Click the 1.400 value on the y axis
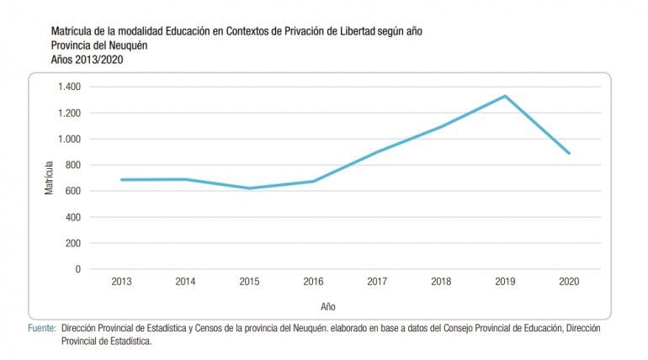pyautogui.click(x=69, y=87)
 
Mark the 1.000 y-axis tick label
pyautogui.click(x=69, y=139)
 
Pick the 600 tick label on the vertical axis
pyautogui.click(x=72, y=191)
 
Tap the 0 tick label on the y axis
pyautogui.click(x=77, y=269)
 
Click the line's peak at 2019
pyautogui.click(x=506, y=96)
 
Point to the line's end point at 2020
pyautogui.click(x=570, y=153)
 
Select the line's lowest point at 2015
pyautogui.click(x=250, y=188)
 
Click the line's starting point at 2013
pyautogui.click(x=121, y=180)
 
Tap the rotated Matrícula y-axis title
pyautogui.click(x=49, y=177)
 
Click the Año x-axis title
pyautogui.click(x=327, y=306)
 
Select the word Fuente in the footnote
pyautogui.click(x=41, y=326)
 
